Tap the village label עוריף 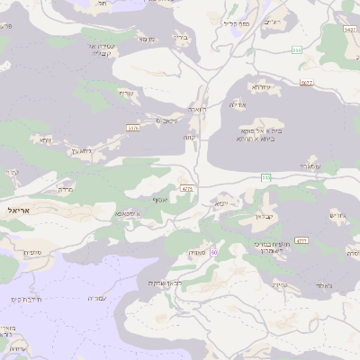tap(125, 94)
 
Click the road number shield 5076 tap(133, 128)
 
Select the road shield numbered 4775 tap(187, 189)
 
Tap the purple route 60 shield tap(214, 252)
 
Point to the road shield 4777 tap(301, 240)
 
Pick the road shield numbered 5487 tap(350, 30)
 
